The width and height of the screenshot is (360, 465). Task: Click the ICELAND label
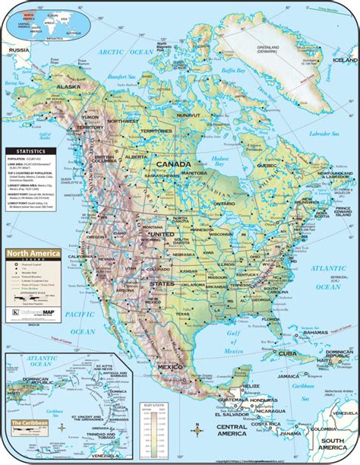pos(345,60)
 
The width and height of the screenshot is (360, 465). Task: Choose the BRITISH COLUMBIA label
pos(101,161)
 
